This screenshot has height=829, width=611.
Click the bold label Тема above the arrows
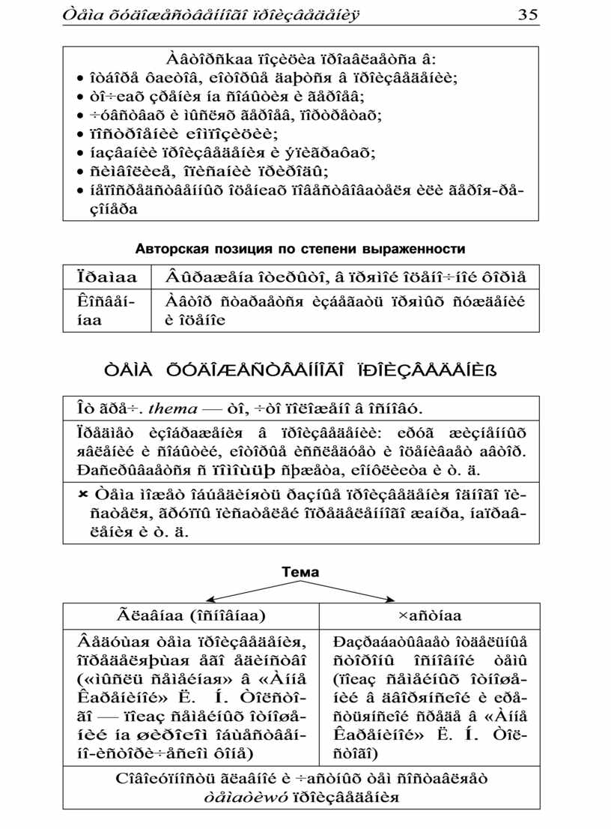[x=300, y=572]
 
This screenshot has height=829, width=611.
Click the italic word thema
[x=173, y=409]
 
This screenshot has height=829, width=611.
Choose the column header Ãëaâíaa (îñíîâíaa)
[x=191, y=616]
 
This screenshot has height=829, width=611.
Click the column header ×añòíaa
[x=430, y=616]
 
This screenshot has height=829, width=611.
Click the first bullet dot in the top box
[x=80, y=78]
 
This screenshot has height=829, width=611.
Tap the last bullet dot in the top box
[x=80, y=191]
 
